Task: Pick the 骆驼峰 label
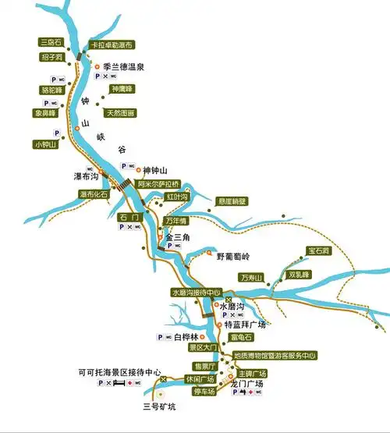[x=51, y=90]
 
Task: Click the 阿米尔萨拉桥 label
[x=159, y=184]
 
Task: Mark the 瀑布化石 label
[x=94, y=193]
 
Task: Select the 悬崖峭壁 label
[x=232, y=201]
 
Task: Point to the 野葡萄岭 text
[x=235, y=255]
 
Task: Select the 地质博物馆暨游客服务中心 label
[x=275, y=356]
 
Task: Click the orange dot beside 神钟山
[x=138, y=169]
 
